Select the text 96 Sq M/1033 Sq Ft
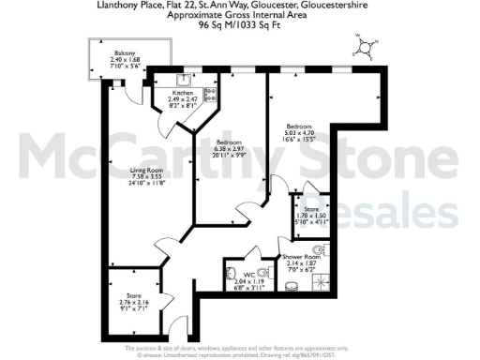(239, 26)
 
